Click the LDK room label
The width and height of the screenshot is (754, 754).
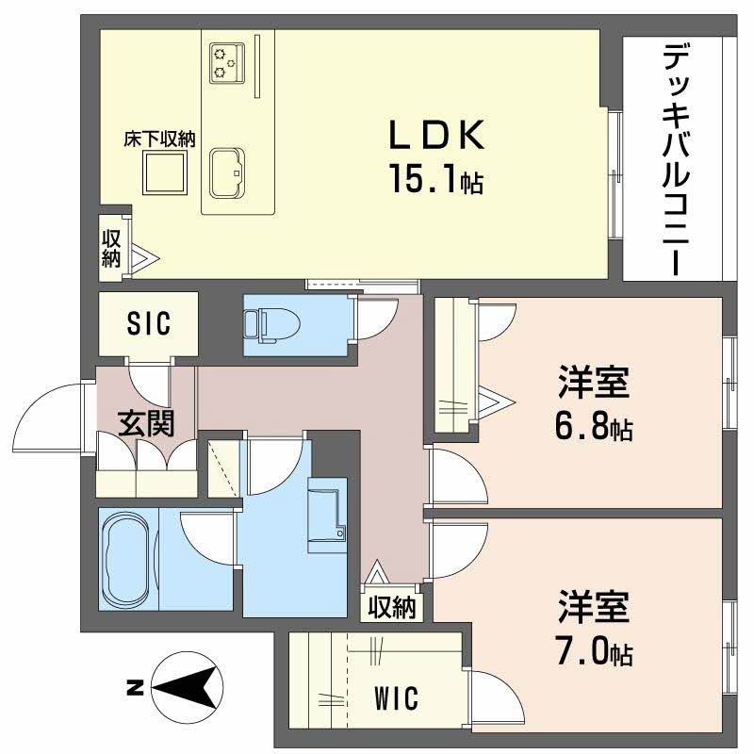[437, 137]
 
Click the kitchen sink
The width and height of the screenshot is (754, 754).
[227, 172]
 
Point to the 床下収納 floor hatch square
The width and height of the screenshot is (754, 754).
[165, 172]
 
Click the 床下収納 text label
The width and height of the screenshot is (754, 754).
[159, 139]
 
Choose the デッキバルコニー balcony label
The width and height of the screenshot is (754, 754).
[672, 157]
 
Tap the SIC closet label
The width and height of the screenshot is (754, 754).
[149, 324]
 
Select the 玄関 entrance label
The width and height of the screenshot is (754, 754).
[145, 424]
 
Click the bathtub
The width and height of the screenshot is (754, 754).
[128, 559]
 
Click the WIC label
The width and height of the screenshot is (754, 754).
[396, 699]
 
